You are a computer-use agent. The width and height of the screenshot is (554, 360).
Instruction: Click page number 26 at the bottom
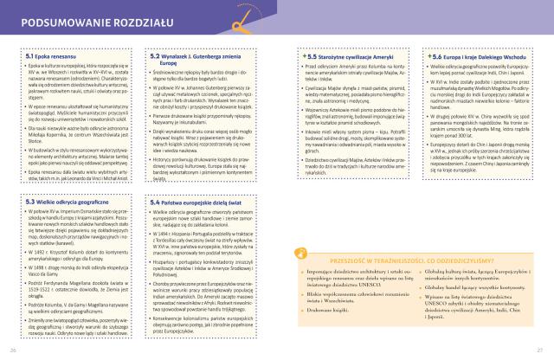tap(13, 349)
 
